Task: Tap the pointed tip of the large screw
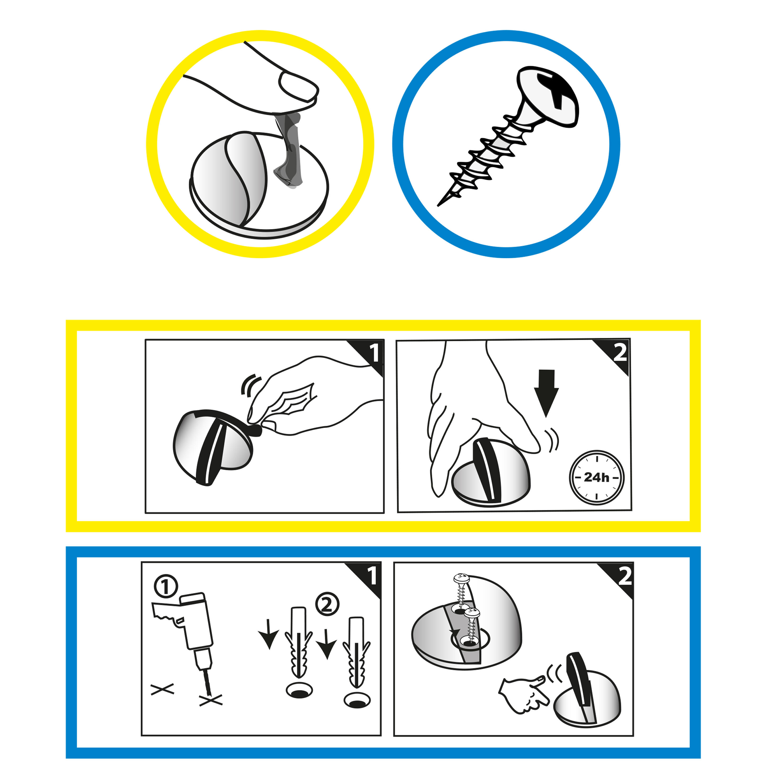point(438,205)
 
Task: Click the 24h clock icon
point(597,478)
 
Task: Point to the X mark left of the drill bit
point(162,689)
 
